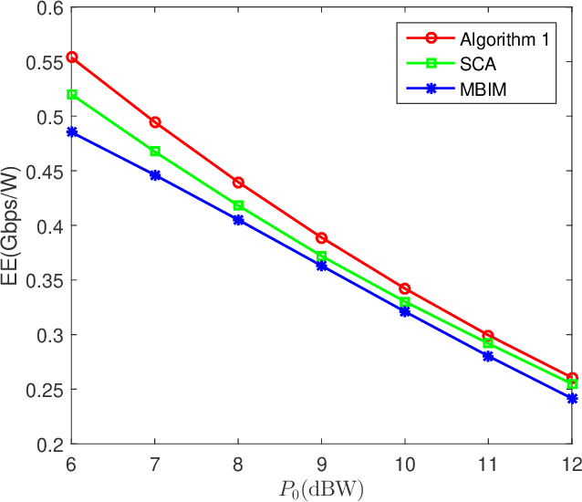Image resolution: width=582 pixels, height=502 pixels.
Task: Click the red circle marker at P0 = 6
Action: pos(72,57)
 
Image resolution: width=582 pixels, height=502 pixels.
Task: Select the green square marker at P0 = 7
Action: pos(155,151)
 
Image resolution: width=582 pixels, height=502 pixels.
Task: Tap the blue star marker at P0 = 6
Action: pos(72,132)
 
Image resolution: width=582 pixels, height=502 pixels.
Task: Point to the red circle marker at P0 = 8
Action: pos(238,183)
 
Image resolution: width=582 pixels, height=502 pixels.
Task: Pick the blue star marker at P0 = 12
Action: pos(572,398)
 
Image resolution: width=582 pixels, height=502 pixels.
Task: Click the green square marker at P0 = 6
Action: pos(72,94)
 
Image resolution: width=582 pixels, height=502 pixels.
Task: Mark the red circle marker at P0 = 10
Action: pos(405,288)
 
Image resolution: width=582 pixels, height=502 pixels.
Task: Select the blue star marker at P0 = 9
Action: pos(322,266)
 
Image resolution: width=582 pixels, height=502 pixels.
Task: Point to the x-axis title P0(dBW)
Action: pos(321,489)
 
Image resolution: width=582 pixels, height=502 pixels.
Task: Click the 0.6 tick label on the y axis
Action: pos(47,8)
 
